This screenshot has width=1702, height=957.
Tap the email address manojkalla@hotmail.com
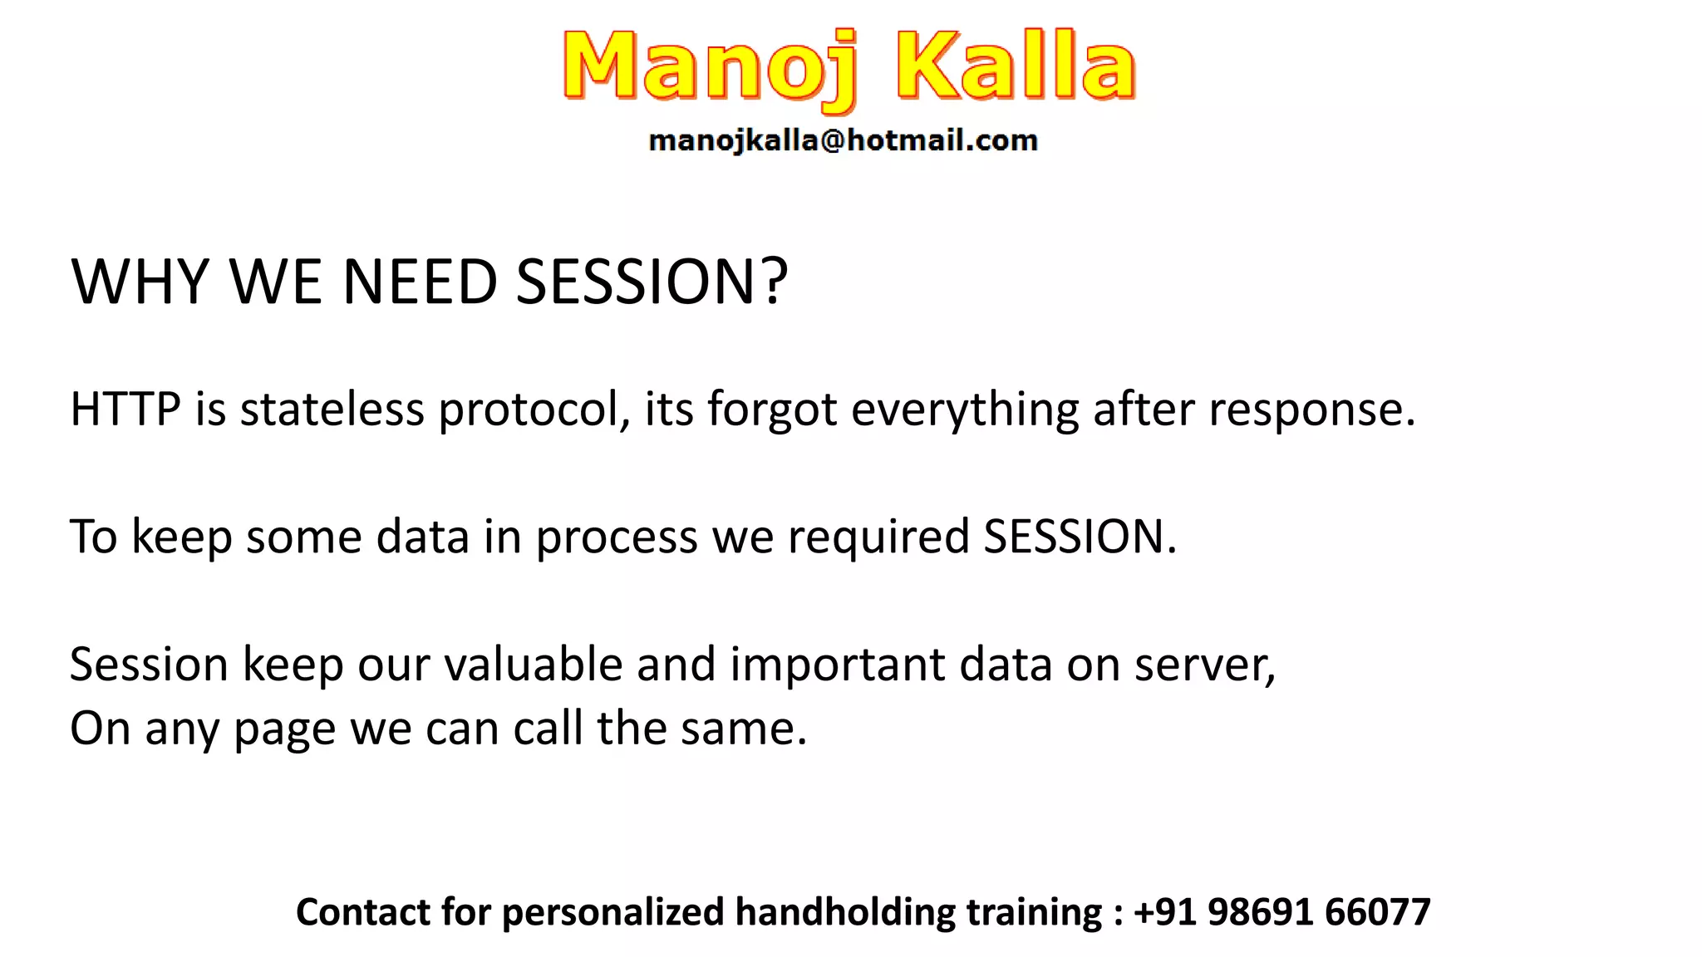point(843,141)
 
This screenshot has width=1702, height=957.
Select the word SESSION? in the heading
point(652,282)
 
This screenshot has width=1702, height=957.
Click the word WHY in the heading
point(140,282)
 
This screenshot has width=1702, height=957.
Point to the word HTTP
point(125,410)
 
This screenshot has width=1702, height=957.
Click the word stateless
point(332,410)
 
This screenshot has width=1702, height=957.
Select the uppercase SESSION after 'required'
point(1079,537)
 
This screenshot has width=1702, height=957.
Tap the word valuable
point(533,665)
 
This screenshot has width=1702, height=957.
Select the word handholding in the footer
point(844,912)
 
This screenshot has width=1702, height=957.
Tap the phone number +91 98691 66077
point(1281,912)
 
